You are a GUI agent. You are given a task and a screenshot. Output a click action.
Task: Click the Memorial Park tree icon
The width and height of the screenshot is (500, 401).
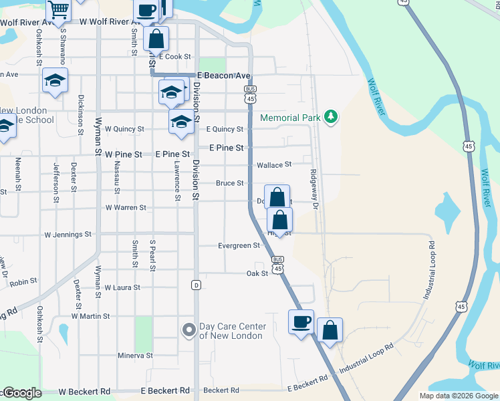point(330,118)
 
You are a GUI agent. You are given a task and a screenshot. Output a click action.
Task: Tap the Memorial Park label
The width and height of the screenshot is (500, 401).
point(290,118)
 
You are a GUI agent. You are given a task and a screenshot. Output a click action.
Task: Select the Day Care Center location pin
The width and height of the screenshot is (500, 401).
point(189,330)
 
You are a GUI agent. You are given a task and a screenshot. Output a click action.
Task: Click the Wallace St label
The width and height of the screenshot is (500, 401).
point(275,164)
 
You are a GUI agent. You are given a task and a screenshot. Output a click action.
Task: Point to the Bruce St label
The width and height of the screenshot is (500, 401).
point(229,183)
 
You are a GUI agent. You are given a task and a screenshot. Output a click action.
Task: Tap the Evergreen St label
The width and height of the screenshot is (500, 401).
point(239,246)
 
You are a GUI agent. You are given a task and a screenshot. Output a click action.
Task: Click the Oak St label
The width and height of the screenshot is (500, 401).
point(257,273)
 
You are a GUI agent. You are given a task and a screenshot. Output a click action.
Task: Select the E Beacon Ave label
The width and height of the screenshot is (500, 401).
point(223,76)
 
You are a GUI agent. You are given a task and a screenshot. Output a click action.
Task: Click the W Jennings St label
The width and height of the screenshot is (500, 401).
point(68,235)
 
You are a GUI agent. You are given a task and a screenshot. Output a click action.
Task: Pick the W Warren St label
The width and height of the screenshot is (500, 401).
point(126,208)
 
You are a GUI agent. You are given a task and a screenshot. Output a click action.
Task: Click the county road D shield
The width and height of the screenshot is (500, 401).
point(196,285)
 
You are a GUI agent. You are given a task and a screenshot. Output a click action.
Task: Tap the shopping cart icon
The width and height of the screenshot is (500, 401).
point(59,9)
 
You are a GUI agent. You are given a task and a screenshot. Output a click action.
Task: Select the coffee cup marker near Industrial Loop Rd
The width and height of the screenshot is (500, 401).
point(301,321)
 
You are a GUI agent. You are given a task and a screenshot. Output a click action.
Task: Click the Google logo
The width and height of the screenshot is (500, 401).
point(22,394)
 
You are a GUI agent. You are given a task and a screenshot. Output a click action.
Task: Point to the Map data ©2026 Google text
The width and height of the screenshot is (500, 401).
point(459,396)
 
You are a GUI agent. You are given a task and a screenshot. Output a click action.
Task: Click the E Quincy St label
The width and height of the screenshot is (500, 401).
point(225,130)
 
